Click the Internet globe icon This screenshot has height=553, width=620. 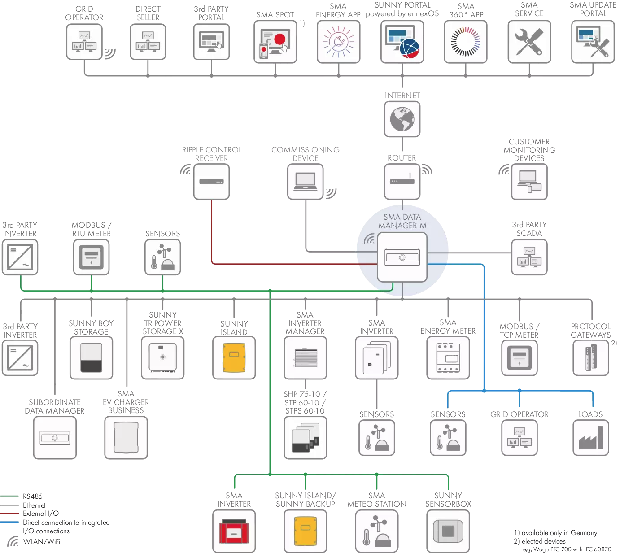point(402,119)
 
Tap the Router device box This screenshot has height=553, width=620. point(402,182)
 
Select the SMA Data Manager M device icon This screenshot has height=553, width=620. point(402,257)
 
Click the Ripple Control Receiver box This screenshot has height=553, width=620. point(211,182)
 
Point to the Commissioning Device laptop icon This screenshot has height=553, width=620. point(305,182)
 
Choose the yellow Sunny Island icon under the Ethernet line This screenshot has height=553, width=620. point(234,358)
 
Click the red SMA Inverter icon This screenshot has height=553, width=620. point(234,531)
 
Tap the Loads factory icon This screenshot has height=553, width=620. point(591,438)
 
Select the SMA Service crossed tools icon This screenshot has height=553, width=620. point(529,42)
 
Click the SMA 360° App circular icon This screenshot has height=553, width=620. point(466,42)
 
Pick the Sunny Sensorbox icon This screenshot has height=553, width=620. point(448,531)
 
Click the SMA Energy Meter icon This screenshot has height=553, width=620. point(448,358)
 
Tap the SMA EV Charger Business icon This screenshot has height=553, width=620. point(126,438)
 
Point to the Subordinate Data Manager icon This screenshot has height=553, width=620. point(55,438)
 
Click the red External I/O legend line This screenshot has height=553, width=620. point(9,513)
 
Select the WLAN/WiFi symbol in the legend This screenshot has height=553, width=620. point(13,541)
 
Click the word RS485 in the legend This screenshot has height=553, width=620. point(33,496)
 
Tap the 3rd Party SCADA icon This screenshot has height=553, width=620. point(529,257)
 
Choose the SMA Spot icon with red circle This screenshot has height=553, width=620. point(275,42)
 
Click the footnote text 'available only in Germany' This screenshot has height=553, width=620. point(559,533)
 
